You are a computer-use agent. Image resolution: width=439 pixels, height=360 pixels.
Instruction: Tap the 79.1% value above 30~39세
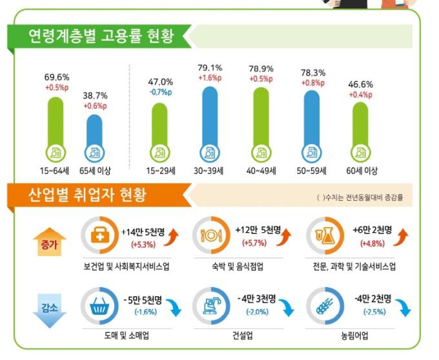(x=210, y=67)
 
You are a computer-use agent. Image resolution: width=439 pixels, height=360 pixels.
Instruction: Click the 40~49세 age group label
(x=261, y=171)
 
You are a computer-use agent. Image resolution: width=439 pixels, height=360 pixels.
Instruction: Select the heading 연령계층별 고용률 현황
(x=101, y=35)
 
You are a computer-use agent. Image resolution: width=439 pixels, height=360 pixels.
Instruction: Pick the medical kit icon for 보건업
(x=98, y=236)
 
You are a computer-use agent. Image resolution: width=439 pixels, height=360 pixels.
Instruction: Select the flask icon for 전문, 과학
(x=323, y=236)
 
